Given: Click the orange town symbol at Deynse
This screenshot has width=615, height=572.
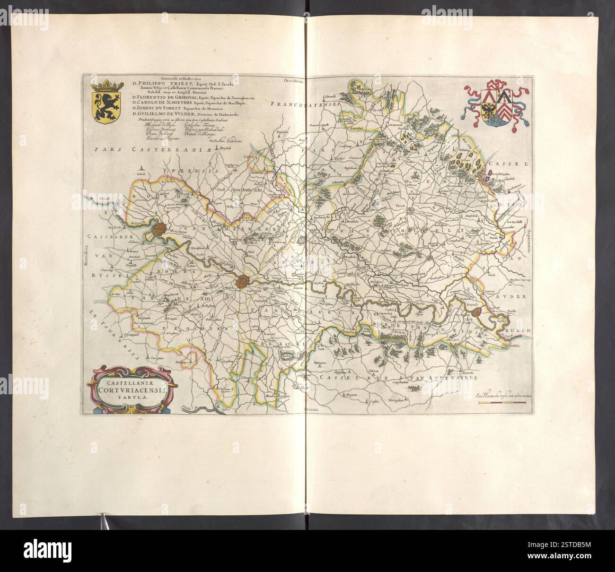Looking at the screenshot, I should point(478,312).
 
